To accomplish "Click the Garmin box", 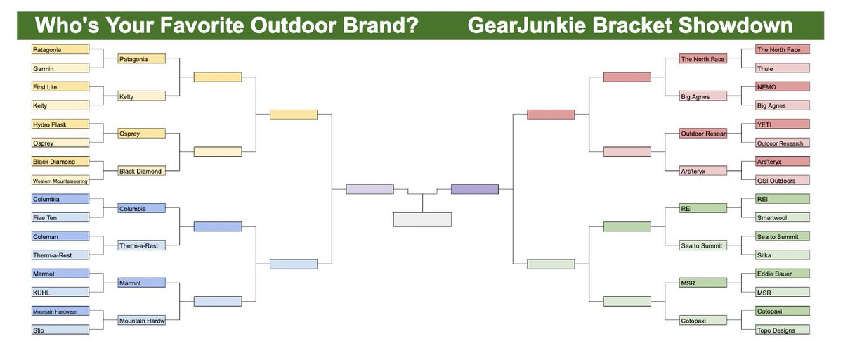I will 60,68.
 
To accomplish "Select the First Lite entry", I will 60,86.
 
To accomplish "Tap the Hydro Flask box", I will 60,124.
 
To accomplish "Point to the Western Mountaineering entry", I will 60,181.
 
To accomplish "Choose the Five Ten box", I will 60,218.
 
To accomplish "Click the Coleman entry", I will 60,236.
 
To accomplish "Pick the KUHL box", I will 60,292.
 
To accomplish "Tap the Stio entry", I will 60,330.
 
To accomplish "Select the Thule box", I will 783,68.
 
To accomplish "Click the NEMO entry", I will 783,86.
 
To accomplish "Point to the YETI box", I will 783,124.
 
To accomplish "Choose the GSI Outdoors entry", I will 783,181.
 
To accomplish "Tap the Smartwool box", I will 783,218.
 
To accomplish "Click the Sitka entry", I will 783,255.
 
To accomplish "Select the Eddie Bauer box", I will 783,273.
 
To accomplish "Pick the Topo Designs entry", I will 783,330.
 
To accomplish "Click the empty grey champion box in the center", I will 421,219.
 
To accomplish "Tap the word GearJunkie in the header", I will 525,26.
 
